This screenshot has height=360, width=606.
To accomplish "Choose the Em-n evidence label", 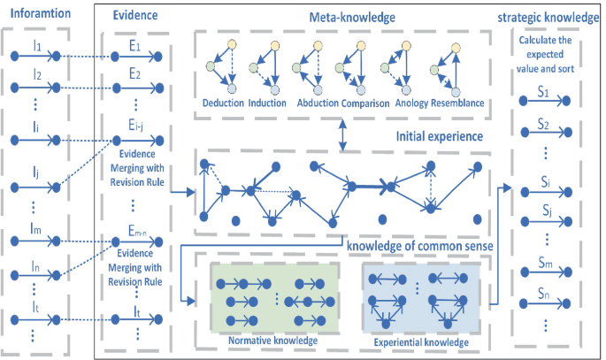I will pyautogui.click(x=136, y=232).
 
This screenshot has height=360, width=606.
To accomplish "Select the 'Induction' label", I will pyautogui.click(x=268, y=103).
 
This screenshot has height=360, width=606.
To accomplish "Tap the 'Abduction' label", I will pyautogui.click(x=315, y=103).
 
